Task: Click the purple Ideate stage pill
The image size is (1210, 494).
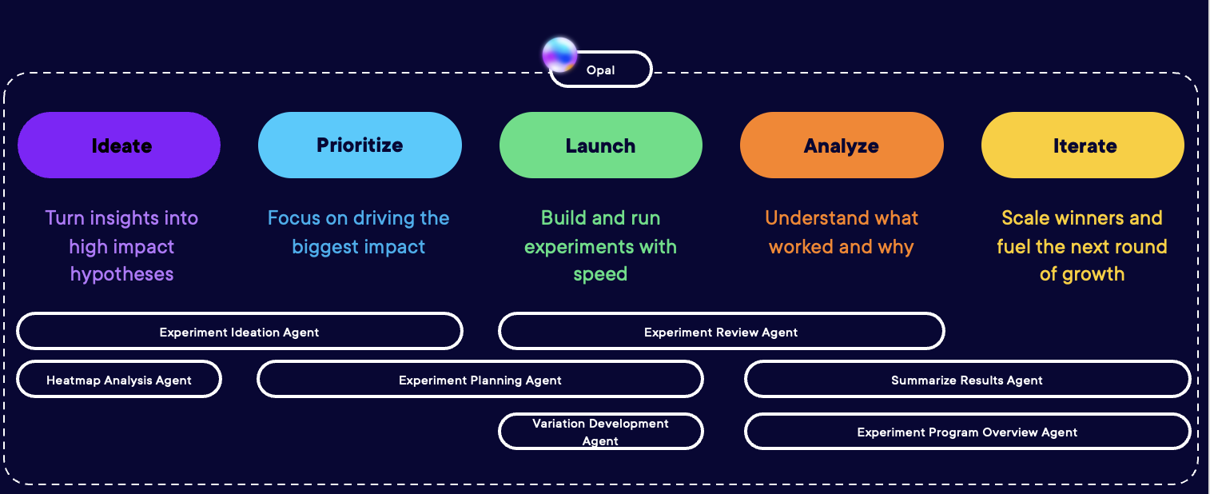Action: point(119,145)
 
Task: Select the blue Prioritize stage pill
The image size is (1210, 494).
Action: point(360,145)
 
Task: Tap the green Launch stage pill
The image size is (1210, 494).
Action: point(600,145)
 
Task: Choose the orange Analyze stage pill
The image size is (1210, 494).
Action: point(841,145)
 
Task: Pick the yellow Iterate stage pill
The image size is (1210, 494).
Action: point(1082,145)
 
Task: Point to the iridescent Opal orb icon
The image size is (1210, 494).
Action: point(559,54)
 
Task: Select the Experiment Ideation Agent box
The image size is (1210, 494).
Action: point(239,332)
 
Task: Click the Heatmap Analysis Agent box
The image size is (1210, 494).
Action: point(119,380)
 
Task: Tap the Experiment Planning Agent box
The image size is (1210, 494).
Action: point(480,380)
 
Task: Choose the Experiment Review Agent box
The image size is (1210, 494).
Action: point(721,332)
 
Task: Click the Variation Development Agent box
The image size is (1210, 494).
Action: point(600,432)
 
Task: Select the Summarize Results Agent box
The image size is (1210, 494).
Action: point(967,380)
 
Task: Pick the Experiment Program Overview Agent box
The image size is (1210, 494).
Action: point(967,432)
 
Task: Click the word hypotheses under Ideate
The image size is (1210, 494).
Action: point(121,274)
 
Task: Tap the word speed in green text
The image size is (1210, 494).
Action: point(600,274)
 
